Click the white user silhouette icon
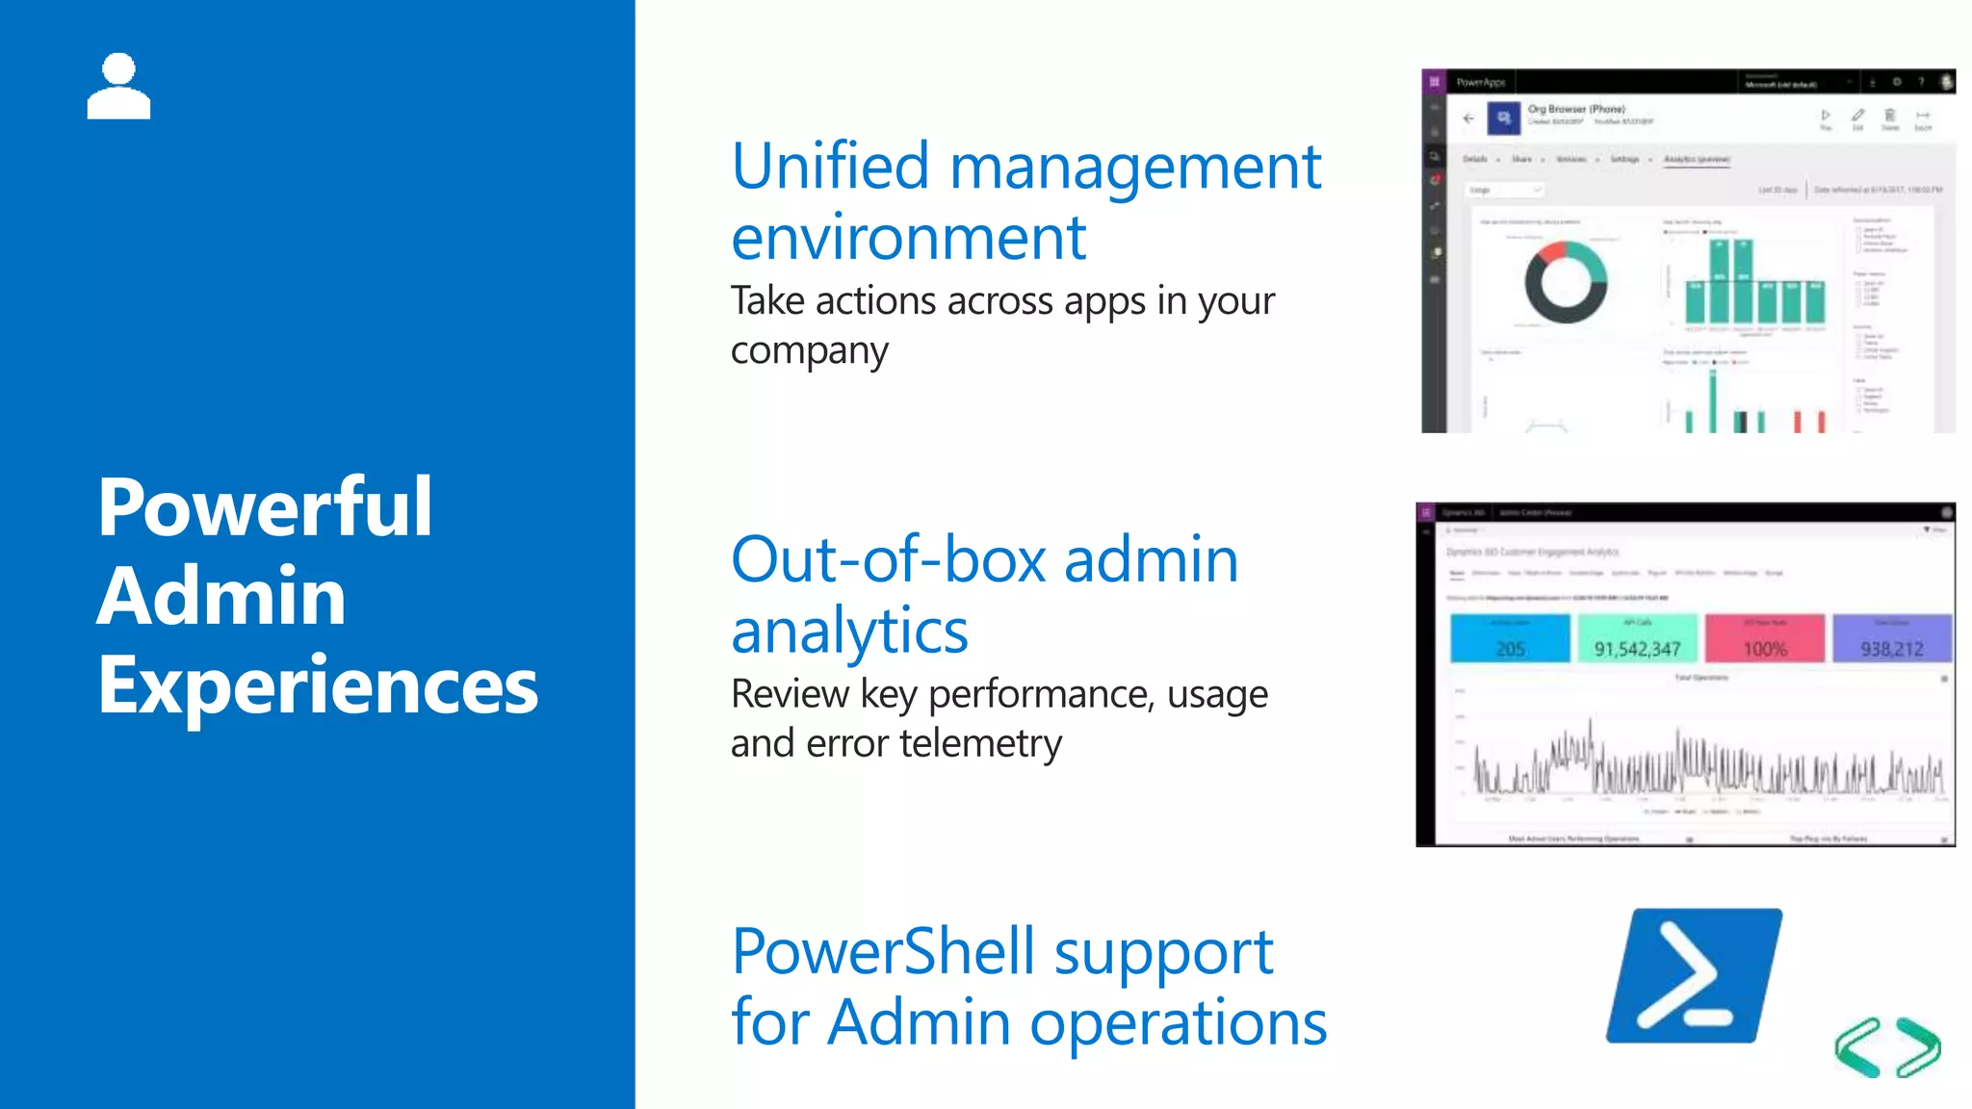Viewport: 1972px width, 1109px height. (118, 87)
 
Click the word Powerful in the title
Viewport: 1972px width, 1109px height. (265, 507)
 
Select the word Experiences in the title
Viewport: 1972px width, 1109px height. (318, 685)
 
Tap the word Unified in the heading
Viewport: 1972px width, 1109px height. (830, 167)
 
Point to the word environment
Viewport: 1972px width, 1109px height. (908, 238)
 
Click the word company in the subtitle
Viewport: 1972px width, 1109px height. (809, 351)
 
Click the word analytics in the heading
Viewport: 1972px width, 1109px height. (849, 632)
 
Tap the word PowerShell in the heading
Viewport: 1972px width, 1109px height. (883, 952)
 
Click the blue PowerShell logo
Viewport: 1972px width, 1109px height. (1694, 975)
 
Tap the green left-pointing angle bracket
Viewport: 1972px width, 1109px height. (1857, 1047)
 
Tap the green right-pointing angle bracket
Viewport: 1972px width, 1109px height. (1918, 1047)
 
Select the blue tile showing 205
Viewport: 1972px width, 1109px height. (1510, 638)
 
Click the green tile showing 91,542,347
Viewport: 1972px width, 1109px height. (1637, 638)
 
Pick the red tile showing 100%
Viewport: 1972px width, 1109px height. (1764, 638)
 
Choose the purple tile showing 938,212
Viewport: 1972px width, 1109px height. (1891, 638)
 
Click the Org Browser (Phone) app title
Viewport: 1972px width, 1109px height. (1576, 109)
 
